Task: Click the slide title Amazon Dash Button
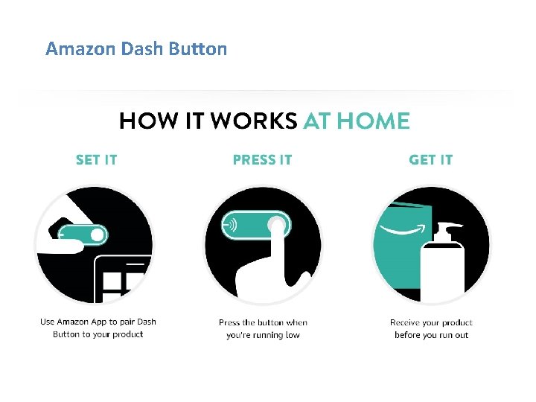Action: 136,49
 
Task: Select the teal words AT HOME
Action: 357,121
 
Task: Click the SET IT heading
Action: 96,159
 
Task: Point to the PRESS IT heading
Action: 262,159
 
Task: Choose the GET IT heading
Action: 430,159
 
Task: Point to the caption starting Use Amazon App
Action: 98,328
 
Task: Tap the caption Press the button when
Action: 263,322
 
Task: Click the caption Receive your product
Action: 431,322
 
